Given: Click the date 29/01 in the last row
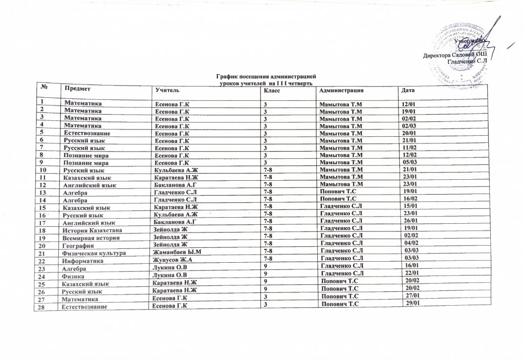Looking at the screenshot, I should (x=412, y=304).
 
